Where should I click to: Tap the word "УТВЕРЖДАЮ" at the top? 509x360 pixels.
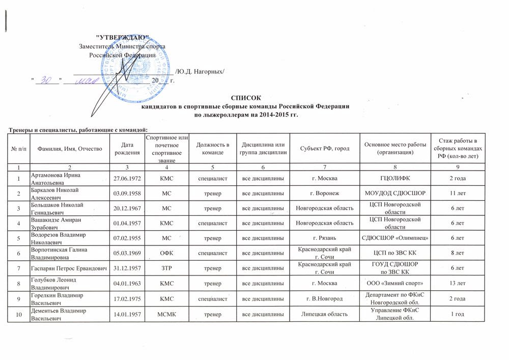123,38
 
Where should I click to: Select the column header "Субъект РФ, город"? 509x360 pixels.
324,148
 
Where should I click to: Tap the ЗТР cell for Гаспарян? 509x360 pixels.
167,268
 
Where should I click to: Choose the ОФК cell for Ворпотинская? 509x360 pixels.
167,253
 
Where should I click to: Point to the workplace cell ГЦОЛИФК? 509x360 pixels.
394,178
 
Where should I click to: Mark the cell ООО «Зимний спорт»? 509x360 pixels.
394,283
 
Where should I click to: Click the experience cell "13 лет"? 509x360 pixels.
458,283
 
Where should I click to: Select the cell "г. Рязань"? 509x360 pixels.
324,238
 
